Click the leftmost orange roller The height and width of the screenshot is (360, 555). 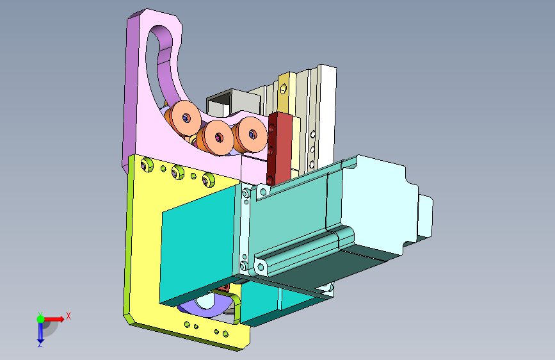pyautogui.click(x=184, y=118)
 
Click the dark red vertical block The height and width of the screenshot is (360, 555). pyautogui.click(x=279, y=149)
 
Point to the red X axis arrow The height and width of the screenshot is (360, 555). pyautogui.click(x=54, y=319)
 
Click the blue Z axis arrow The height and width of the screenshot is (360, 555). pyautogui.click(x=40, y=331)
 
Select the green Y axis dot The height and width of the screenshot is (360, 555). pyautogui.click(x=40, y=319)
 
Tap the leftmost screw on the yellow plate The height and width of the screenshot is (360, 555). pyautogui.click(x=147, y=164)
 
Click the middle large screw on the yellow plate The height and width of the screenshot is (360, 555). pyautogui.click(x=178, y=172)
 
